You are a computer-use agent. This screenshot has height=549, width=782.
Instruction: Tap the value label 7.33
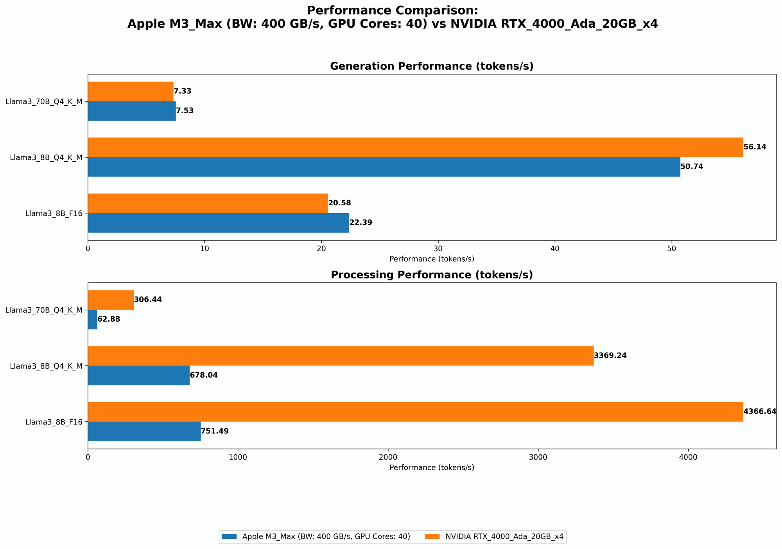[182, 91]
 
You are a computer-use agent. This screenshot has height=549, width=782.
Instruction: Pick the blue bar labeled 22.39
[218, 223]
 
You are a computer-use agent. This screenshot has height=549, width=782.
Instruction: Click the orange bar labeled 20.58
[208, 203]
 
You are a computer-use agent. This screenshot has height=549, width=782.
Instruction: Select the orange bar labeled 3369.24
[341, 356]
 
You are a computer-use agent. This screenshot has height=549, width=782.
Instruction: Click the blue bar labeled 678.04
[138, 375]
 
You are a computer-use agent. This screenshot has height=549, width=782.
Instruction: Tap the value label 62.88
[109, 319]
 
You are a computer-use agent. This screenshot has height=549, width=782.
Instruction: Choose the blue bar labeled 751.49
[144, 431]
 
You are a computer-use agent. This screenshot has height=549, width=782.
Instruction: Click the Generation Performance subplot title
[432, 66]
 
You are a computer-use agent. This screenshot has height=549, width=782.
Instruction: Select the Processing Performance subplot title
[432, 275]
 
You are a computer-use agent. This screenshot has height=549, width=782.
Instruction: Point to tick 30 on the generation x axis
[438, 249]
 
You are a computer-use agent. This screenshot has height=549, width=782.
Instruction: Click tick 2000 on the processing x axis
[388, 457]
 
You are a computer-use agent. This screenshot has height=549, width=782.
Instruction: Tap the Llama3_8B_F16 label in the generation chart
[54, 214]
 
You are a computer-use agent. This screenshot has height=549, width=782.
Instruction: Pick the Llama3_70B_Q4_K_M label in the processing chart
[44, 310]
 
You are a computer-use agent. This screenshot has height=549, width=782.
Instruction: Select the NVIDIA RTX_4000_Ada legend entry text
[504, 537]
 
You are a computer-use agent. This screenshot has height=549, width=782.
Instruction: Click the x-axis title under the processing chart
[432, 467]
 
